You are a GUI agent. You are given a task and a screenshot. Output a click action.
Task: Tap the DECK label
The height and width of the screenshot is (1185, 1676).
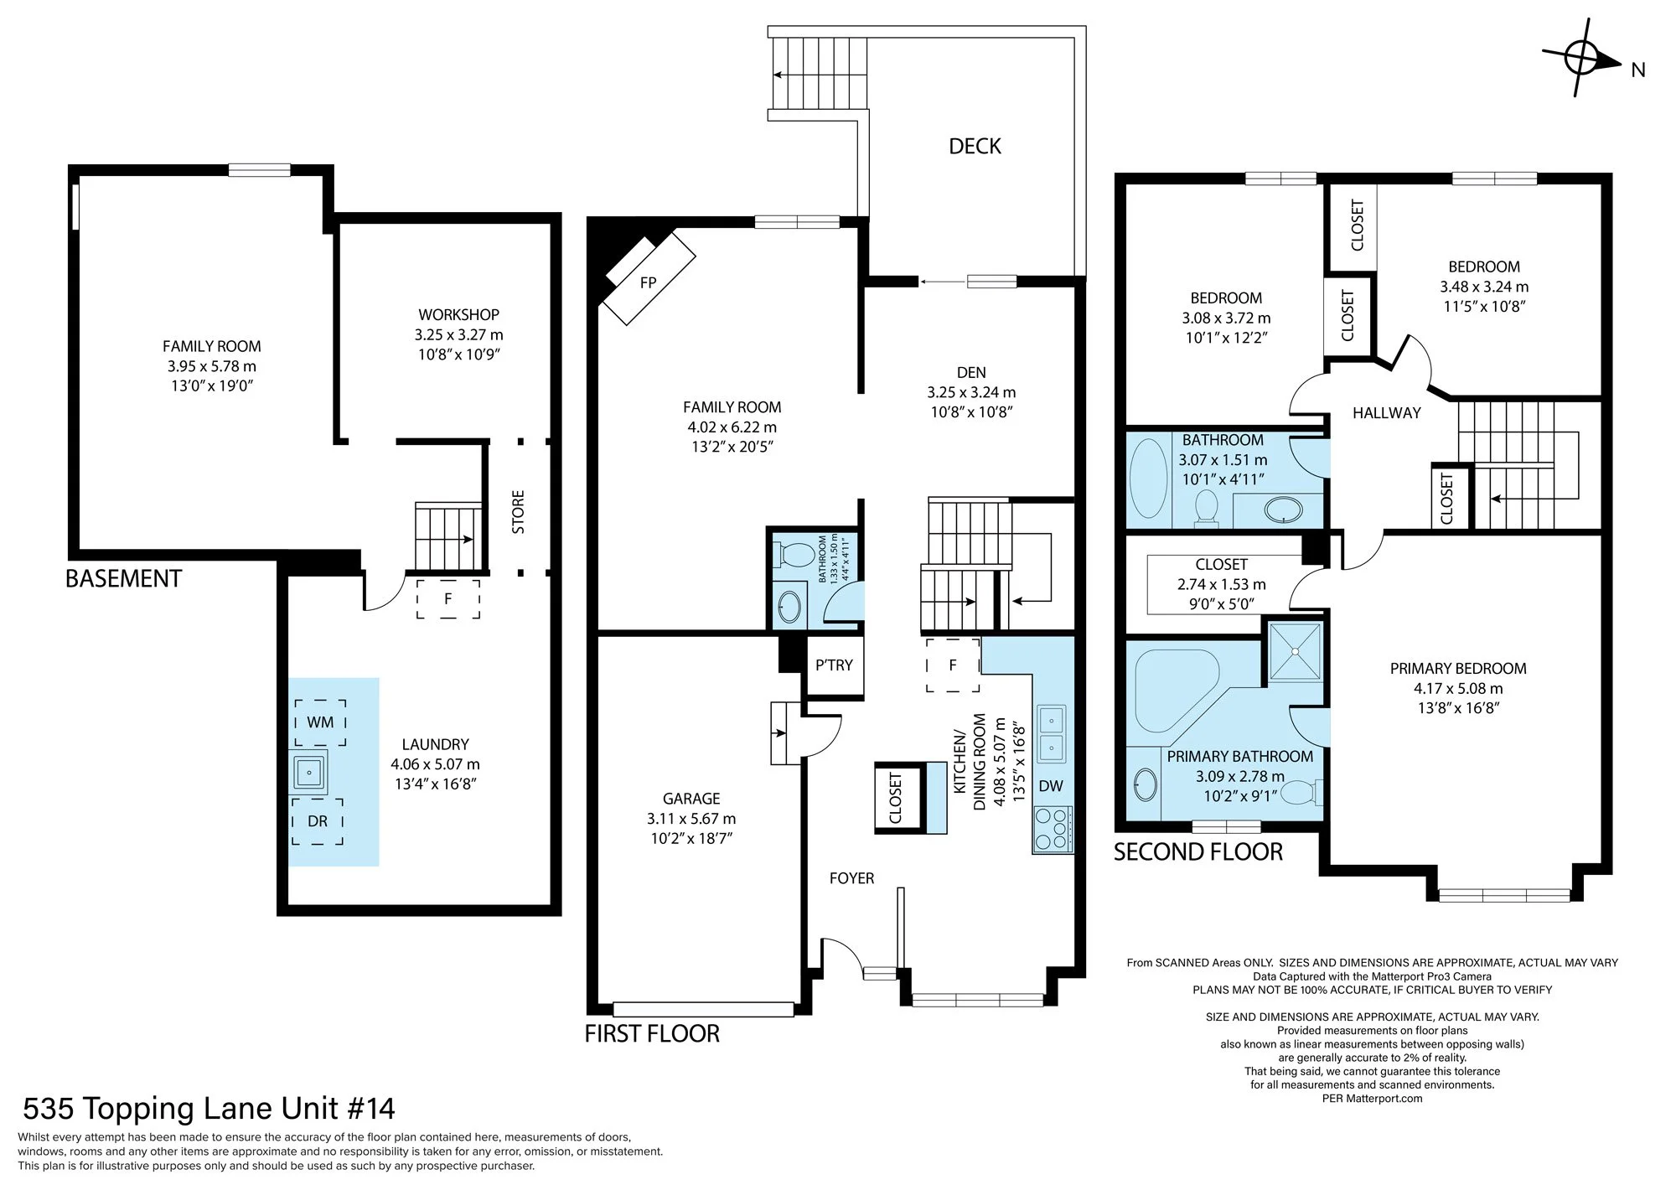975,147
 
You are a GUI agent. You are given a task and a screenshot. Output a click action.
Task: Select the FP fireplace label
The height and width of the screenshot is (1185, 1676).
648,283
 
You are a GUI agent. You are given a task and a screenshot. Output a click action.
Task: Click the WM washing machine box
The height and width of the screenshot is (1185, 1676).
320,722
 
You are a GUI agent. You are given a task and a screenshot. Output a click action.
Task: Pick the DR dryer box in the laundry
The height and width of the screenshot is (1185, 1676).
318,821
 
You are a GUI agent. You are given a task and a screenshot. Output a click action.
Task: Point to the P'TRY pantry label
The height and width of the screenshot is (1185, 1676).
834,665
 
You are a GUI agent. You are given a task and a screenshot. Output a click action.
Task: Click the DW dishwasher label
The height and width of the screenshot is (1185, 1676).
1051,786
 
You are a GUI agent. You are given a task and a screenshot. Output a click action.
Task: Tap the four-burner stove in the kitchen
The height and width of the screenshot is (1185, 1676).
1053,829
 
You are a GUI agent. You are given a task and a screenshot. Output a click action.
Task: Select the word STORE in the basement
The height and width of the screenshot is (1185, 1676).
518,512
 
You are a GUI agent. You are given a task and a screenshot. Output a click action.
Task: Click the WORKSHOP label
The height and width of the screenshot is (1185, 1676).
458,315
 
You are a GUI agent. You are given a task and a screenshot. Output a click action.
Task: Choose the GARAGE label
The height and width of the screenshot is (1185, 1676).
691,799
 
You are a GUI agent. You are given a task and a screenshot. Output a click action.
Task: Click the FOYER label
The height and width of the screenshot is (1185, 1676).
851,878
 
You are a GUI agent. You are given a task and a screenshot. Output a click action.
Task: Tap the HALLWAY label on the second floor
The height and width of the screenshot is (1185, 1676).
1387,413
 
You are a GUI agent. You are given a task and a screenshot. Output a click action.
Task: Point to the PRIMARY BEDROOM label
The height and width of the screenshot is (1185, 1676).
1458,669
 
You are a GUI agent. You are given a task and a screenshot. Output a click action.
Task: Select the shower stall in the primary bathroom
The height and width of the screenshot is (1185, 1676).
1296,650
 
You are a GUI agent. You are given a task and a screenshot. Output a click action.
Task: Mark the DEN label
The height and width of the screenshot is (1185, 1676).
971,373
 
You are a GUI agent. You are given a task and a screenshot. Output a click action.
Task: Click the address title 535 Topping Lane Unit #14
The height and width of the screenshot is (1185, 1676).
209,1109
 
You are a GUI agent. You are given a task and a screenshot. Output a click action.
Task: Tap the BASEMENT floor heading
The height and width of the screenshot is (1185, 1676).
123,579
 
